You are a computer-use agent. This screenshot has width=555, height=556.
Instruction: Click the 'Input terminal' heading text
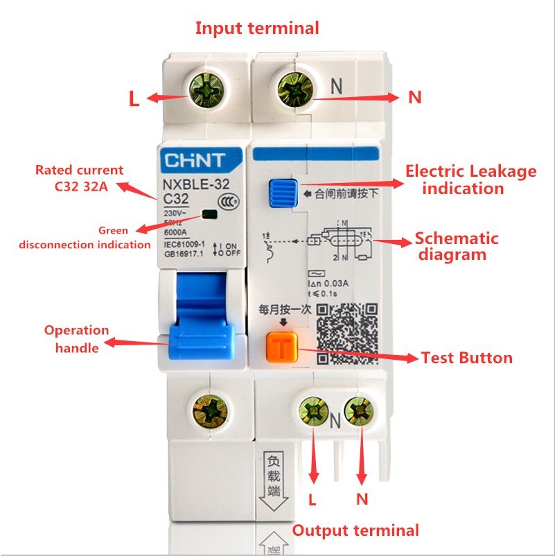click(x=257, y=28)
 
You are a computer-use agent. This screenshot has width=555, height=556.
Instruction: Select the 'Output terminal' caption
click(x=355, y=530)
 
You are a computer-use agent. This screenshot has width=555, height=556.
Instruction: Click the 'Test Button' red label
click(x=467, y=358)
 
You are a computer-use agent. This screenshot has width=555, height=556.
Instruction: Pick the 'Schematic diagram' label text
click(x=456, y=246)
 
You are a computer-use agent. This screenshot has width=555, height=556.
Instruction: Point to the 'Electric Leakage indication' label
click(x=470, y=180)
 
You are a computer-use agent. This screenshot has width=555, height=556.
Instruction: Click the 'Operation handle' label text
click(x=77, y=338)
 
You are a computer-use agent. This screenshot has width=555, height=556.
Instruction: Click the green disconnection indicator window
click(x=208, y=215)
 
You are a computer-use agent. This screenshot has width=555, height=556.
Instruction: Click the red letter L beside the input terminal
click(x=134, y=98)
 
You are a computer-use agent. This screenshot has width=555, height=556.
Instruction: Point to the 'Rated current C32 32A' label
click(x=80, y=177)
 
